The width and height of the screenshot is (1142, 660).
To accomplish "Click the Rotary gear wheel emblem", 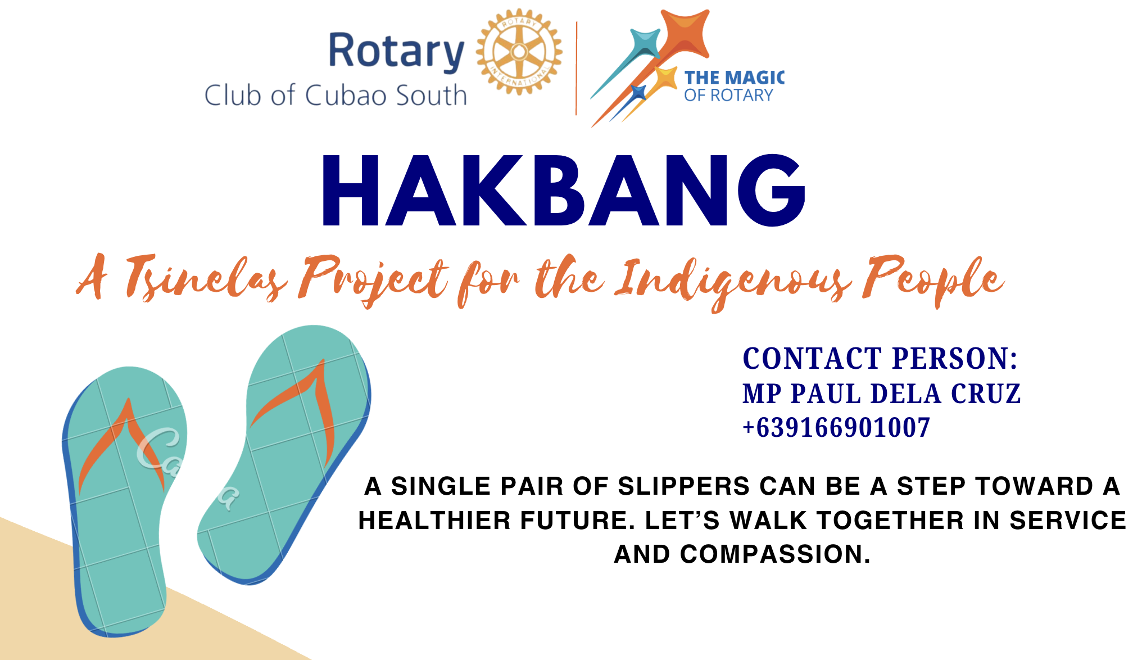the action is [519, 52].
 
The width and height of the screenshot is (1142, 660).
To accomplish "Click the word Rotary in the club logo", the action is [396, 52].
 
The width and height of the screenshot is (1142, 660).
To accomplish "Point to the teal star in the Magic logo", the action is [645, 43].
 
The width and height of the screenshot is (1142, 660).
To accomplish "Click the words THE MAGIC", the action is [734, 78].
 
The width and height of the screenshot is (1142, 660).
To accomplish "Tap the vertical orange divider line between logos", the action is [577, 69].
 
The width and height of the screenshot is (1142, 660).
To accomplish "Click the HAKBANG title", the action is [563, 191].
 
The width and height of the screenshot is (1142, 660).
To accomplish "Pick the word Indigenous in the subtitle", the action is [733, 281].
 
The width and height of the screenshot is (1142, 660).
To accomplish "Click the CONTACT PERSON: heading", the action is [880, 359].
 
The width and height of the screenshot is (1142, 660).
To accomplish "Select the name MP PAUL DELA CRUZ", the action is [882, 394].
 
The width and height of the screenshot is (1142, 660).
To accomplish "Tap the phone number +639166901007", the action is [836, 428].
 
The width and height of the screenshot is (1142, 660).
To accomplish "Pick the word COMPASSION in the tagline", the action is [775, 554].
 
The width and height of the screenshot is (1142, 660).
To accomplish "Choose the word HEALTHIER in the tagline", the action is [434, 521].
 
